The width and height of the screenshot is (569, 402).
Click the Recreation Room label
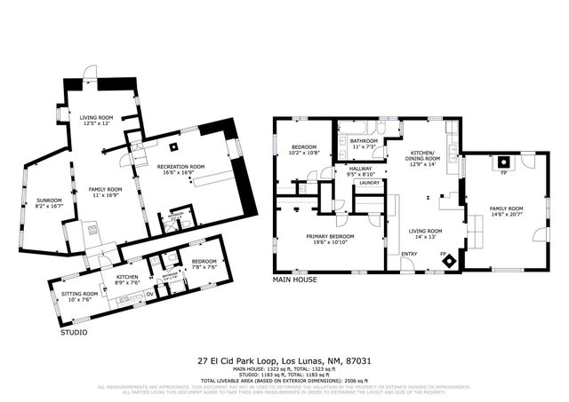180,169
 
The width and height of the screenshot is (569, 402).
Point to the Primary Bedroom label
330,239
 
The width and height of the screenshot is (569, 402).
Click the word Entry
409,255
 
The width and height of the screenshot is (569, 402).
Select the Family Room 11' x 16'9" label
104,192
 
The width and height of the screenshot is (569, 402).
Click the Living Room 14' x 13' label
425,233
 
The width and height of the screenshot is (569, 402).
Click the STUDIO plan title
74,333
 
